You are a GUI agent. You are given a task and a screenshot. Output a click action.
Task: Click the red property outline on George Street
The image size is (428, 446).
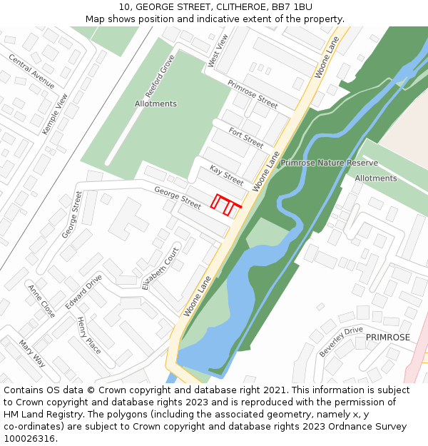coord(225,205)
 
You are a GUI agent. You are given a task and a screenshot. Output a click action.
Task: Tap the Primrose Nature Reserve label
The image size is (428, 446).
coord(329,163)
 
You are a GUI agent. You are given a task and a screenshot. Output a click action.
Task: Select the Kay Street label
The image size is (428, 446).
coord(226,176)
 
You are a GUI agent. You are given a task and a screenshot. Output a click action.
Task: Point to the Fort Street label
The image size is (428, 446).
coord(246,137)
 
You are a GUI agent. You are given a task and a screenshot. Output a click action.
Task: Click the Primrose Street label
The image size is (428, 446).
coord(253,94)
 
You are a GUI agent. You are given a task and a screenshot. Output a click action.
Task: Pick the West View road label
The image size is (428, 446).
coord(218,51)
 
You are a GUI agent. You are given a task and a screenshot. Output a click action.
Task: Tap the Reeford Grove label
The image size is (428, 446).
coord(160,76)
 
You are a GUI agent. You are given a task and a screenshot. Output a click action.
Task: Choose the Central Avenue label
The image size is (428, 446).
coord(31,71)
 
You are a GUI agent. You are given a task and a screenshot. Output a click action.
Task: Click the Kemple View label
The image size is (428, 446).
coord(55,113)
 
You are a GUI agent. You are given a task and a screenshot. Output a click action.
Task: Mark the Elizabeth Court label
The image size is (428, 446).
coord(160,269)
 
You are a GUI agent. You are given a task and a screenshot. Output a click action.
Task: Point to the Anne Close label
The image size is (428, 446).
coord(41,301)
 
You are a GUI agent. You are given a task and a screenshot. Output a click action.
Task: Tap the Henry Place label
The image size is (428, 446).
coord(89,335)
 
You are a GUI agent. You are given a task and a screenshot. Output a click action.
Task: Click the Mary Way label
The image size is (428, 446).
coord(32,354)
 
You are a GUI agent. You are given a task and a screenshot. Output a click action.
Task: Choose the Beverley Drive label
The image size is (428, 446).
coord(341,342)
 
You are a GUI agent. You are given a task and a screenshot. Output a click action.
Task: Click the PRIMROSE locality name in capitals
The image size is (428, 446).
coord(388,338)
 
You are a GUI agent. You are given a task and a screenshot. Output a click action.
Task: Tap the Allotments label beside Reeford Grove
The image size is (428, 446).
coord(156,103)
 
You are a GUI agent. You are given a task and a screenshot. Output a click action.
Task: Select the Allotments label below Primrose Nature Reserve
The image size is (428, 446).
coord(375,178)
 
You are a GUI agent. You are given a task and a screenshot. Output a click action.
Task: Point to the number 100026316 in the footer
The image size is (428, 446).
coord(29,439)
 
